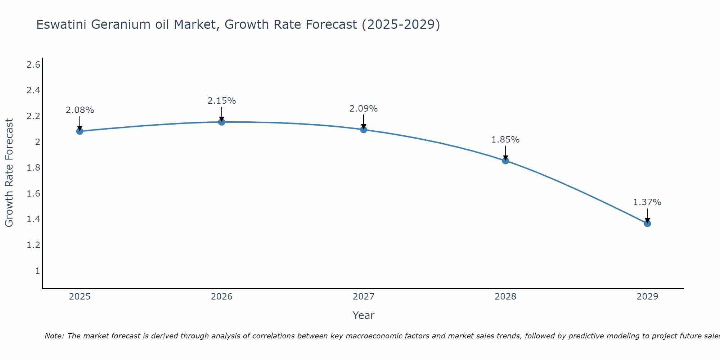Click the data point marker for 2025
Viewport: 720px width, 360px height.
tap(80, 131)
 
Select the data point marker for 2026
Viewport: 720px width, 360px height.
tap(222, 122)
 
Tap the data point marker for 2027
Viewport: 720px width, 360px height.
tap(364, 130)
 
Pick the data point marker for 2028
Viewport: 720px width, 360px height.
tap(505, 161)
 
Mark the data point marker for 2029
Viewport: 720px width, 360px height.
tap(647, 224)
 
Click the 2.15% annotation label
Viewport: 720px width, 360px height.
tap(222, 101)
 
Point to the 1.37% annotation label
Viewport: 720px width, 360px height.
tap(647, 202)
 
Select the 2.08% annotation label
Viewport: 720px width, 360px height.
tap(80, 110)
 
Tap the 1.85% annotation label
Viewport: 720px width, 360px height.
tap(505, 140)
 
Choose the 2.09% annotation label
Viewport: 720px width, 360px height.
tap(364, 109)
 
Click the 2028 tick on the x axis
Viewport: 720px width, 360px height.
tap(505, 297)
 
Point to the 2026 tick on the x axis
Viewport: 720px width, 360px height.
tap(222, 297)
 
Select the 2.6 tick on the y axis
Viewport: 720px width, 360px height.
tap(33, 65)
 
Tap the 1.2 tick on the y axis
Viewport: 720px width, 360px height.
tap(33, 245)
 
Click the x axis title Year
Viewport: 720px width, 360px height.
tap(364, 315)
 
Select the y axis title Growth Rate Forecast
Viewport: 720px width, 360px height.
tap(9, 173)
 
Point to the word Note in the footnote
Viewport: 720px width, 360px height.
tap(54, 336)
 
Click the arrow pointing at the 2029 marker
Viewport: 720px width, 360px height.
tap(647, 215)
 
